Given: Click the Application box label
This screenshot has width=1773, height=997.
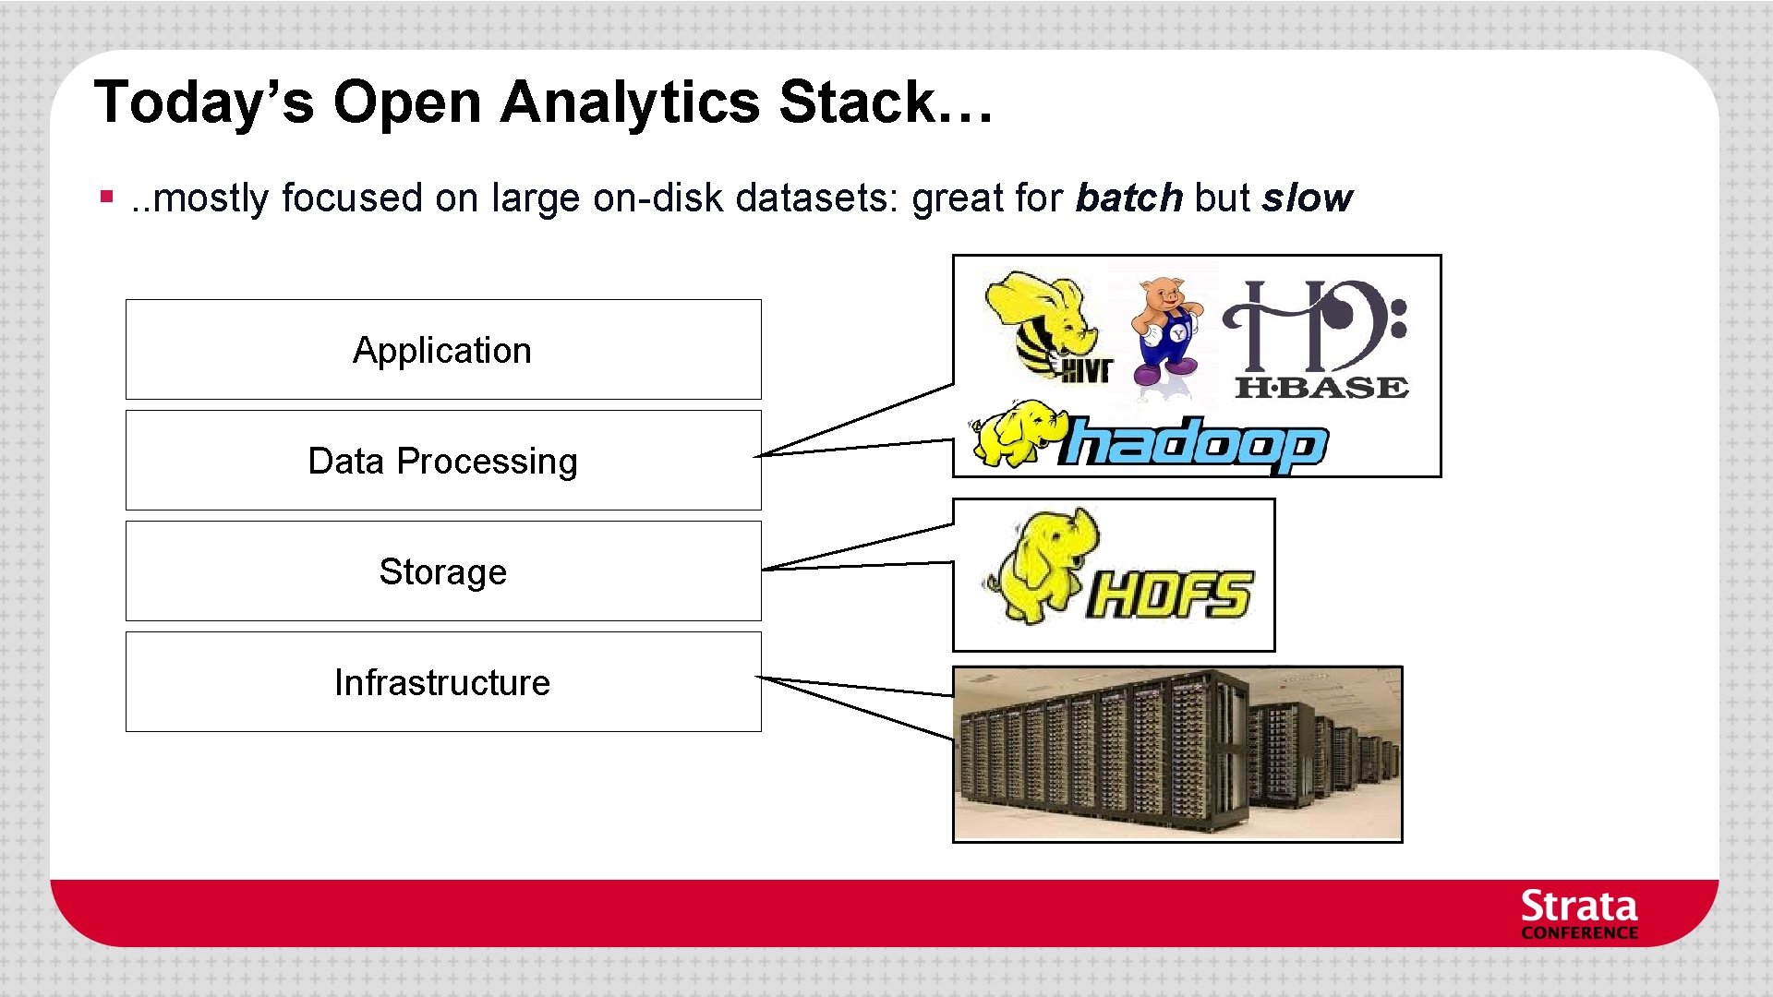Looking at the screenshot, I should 441,351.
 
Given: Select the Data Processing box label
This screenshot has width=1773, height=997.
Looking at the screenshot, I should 442,462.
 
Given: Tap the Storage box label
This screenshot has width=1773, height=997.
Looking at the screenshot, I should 442,572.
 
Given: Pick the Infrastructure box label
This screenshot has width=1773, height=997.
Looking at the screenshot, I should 441,683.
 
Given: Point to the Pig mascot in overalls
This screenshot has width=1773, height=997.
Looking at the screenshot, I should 1165,330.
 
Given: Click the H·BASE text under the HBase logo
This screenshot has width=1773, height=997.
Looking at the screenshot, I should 1321,388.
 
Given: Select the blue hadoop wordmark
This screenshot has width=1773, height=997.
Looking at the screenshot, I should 1193,445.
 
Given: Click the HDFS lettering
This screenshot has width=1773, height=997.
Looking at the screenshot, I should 1169,595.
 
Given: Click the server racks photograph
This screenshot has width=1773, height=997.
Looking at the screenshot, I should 1176,753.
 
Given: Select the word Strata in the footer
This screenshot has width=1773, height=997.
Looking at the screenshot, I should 1578,907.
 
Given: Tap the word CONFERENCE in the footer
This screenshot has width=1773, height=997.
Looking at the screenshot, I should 1578,933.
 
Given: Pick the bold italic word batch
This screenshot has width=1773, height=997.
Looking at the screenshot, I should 1128,198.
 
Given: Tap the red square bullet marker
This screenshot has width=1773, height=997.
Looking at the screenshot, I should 107,197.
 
